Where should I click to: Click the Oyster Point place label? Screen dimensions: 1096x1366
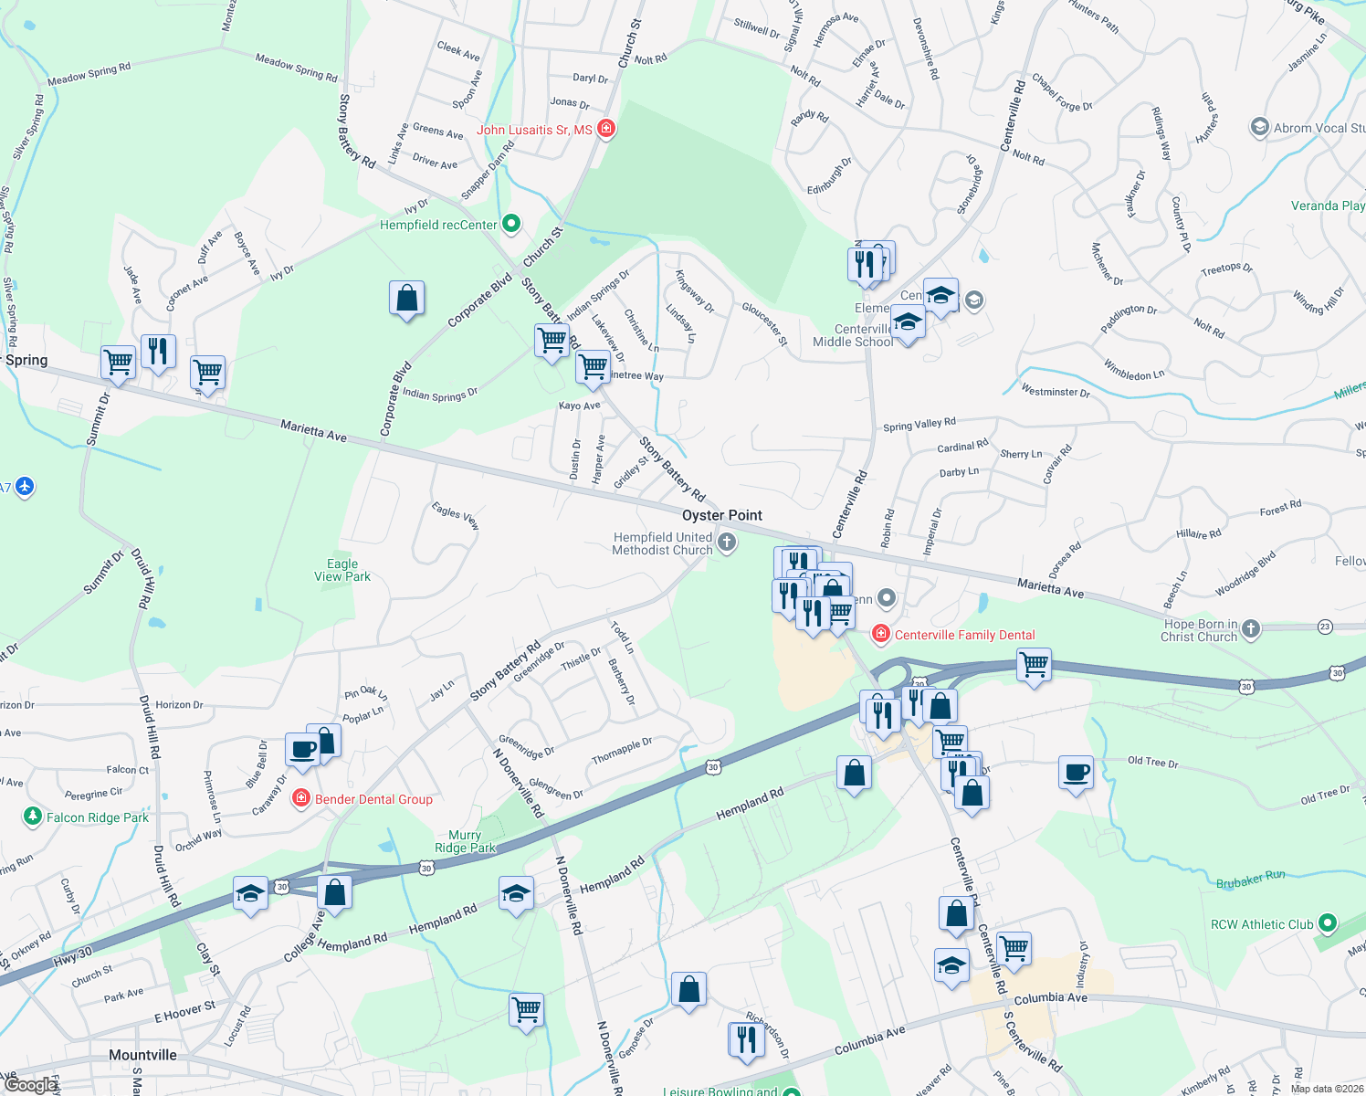coord(721,515)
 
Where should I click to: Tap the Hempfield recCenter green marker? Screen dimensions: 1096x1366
coord(511,223)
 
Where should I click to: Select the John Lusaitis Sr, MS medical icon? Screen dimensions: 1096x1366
coord(605,130)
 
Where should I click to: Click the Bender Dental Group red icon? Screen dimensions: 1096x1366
coord(300,799)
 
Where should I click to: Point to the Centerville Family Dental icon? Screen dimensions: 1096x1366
coord(880,634)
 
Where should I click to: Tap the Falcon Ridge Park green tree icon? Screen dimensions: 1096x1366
coord(33,816)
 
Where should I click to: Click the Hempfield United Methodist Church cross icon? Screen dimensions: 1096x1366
coord(727,543)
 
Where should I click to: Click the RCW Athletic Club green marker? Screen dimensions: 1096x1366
coord(1328,923)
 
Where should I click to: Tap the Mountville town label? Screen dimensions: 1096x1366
coord(142,1055)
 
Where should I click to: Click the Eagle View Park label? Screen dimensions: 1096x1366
coord(342,570)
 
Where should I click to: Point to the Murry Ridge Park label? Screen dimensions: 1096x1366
coord(465,841)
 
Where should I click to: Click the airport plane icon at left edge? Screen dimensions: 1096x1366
coord(25,486)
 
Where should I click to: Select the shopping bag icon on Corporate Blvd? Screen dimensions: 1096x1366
coord(406,298)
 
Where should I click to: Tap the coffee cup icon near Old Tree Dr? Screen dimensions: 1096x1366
coord(1077,773)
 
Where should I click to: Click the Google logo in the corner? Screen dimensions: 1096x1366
coord(31,1085)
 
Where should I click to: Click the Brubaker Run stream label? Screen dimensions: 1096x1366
coord(1250,880)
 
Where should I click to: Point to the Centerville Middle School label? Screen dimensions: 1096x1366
coord(852,335)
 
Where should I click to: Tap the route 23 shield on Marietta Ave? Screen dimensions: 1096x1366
coord(1325,627)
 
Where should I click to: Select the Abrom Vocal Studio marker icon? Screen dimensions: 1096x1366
coord(1260,127)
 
